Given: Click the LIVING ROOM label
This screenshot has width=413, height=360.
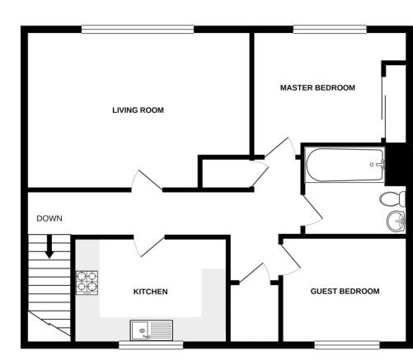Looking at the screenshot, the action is click(138, 110).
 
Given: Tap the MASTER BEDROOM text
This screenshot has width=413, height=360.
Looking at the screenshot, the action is click(317, 88).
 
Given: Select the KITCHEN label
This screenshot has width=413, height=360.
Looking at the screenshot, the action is click(150, 292).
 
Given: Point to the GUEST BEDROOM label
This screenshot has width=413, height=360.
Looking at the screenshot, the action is click(345, 291).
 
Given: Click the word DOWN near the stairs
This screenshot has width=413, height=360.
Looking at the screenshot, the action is click(49, 218).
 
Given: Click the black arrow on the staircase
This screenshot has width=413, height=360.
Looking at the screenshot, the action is click(49, 246).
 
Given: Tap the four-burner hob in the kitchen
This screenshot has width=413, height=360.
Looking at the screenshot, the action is click(87, 283).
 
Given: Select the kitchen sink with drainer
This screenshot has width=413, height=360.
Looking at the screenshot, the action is click(152, 330).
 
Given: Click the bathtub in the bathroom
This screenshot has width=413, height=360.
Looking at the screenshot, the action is click(345, 165).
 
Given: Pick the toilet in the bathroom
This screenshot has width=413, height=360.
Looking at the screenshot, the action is click(392, 199).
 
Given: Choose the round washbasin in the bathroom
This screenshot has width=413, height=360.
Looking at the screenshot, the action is click(396, 222).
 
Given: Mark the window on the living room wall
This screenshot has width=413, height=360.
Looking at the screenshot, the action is click(138, 30).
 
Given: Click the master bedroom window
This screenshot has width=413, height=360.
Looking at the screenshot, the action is click(330, 30).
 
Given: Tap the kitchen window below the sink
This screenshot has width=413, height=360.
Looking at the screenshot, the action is click(151, 345).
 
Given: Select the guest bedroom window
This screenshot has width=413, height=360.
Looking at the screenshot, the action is click(347, 345).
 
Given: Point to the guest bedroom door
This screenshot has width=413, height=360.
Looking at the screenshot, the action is click(291, 259).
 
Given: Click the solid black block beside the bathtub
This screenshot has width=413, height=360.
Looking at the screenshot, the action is click(396, 165).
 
